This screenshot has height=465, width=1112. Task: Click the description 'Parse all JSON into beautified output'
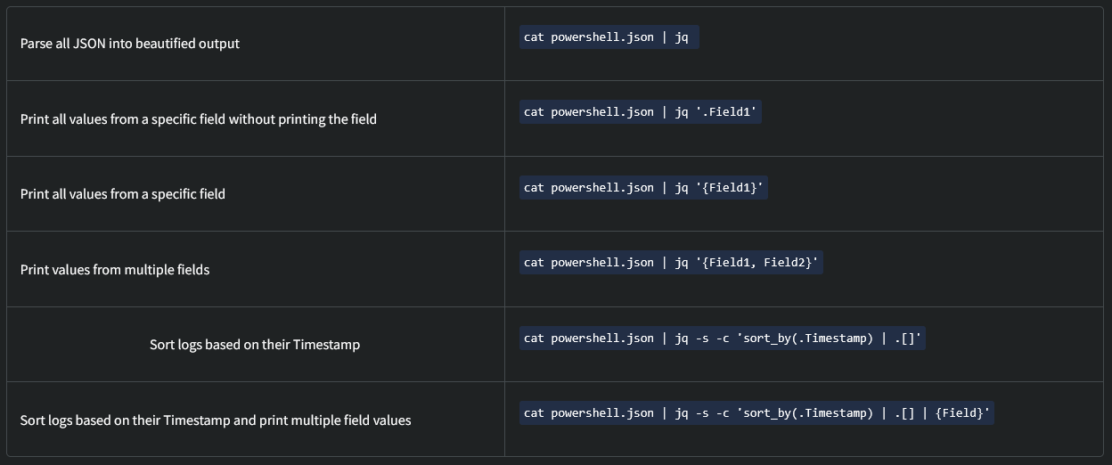click(x=130, y=44)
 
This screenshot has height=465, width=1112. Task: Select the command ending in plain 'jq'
click(x=609, y=37)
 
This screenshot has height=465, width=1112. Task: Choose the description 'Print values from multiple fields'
click(x=115, y=269)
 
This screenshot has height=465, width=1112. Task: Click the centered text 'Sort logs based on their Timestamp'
click(x=255, y=345)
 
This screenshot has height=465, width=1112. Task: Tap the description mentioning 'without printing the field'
click(x=199, y=118)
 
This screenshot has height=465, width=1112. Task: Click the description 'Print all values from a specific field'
click(x=123, y=194)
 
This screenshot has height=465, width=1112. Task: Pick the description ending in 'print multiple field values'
click(x=216, y=420)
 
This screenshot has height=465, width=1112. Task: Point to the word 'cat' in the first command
click(x=534, y=37)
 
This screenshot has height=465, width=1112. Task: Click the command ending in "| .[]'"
click(x=722, y=338)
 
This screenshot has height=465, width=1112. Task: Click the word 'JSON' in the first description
click(x=91, y=44)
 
